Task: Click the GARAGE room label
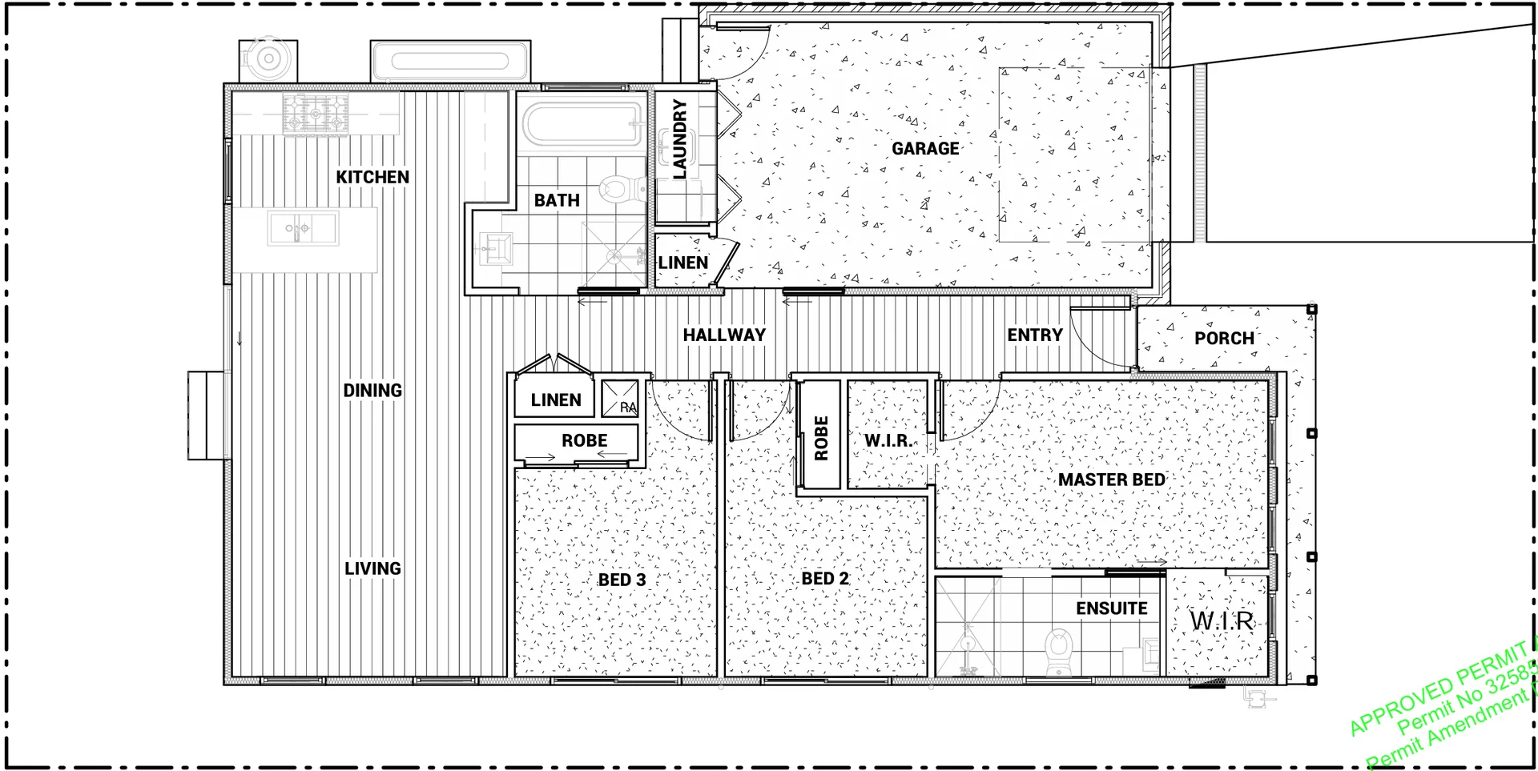click(925, 149)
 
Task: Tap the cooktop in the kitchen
click(316, 113)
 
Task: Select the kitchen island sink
click(302, 229)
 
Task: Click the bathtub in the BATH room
click(582, 124)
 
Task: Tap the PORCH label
click(1224, 339)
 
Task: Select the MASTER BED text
click(1111, 480)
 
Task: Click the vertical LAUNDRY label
click(679, 139)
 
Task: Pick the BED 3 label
click(622, 580)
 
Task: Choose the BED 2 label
click(825, 579)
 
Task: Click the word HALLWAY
click(724, 335)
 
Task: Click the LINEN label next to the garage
click(682, 263)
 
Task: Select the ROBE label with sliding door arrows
click(584, 440)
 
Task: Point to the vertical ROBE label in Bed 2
click(821, 438)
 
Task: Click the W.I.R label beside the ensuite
click(1221, 620)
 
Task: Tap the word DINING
click(372, 391)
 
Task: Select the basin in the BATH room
click(497, 247)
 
